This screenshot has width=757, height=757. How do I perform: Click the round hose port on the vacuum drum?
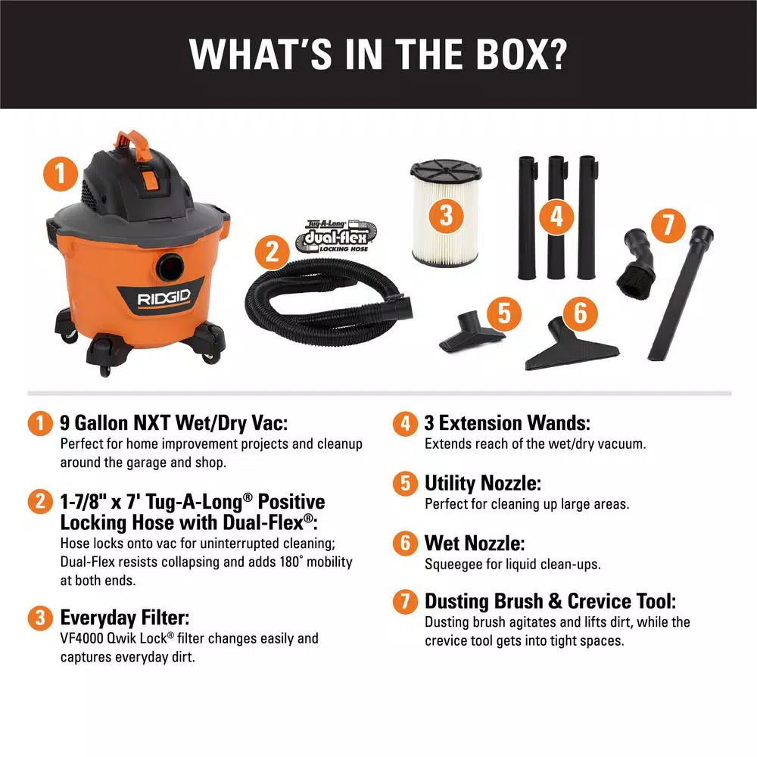(170, 266)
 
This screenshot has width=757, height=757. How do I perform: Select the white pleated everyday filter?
(446, 213)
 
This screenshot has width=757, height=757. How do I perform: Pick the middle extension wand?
(556, 217)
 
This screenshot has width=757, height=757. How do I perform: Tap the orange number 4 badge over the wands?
(556, 217)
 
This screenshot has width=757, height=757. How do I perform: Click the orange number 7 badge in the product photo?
(668, 226)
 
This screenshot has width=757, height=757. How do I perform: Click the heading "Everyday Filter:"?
(125, 618)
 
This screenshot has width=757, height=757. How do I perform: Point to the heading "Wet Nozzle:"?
(475, 543)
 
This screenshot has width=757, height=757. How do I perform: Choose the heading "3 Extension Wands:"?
(507, 423)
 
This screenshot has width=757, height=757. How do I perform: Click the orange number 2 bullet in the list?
(40, 501)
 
